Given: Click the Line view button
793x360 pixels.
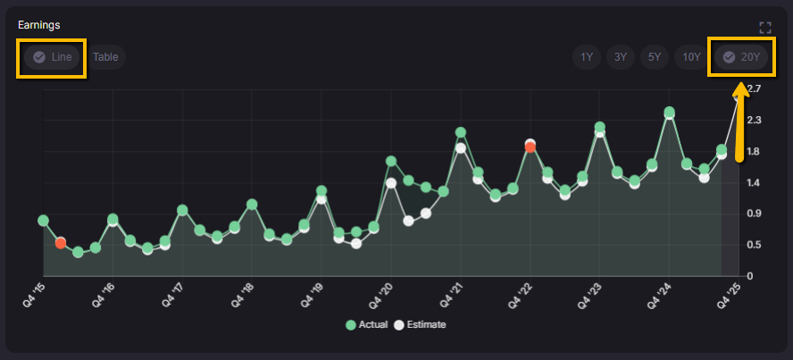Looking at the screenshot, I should pos(52,57).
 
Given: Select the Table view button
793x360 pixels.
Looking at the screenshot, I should pos(105,57).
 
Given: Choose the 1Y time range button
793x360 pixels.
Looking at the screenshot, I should pos(587,57).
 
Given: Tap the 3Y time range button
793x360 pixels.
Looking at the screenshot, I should pos(620,57).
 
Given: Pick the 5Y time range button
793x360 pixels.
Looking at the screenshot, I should pos(654,57).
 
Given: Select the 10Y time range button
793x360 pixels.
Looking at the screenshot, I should pos(691,57).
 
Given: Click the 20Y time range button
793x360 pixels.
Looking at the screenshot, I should pos(741,57).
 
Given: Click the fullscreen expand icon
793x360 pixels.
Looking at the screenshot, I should pos(764,28).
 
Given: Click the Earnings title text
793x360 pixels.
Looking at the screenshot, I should pos(38,25).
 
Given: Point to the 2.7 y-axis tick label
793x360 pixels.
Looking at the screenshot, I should pos(755,88).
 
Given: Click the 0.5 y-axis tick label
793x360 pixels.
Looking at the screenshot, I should pos(755,245).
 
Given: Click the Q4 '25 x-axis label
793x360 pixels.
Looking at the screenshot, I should pos(730,295).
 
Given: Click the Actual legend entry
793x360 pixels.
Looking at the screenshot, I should pos(367,324).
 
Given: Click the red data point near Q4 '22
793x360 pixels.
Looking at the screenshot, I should pos(530,147).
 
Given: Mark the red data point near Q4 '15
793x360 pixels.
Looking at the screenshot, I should pos(61,243).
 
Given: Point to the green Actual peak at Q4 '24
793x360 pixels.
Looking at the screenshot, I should pos(669,113).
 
